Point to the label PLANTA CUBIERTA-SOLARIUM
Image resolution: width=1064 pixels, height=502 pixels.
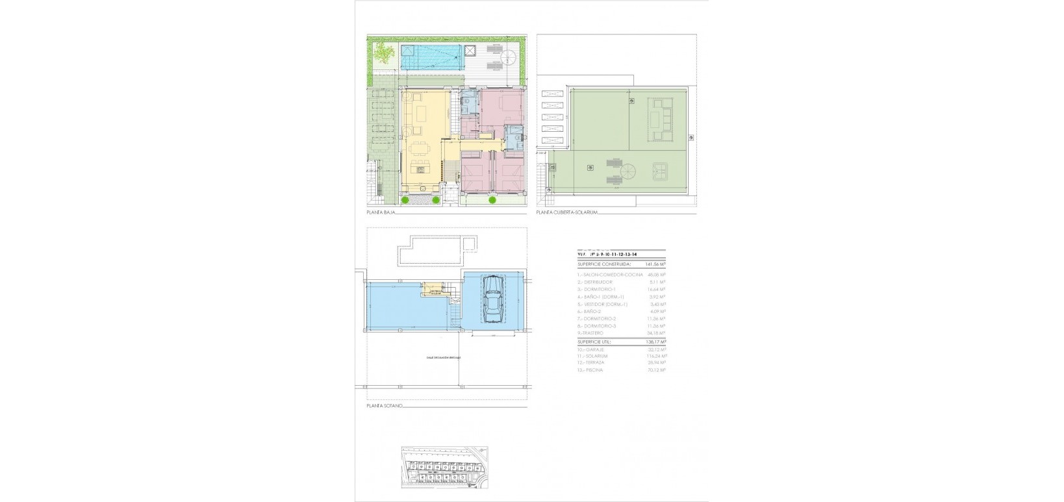coord(566,212)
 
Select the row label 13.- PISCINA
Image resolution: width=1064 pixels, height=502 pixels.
coord(590,370)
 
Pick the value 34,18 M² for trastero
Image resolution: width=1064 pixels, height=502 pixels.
coord(657,333)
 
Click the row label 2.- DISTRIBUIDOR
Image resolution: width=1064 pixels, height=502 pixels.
coord(594,282)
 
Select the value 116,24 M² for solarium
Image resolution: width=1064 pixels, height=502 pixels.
coord(656,356)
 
